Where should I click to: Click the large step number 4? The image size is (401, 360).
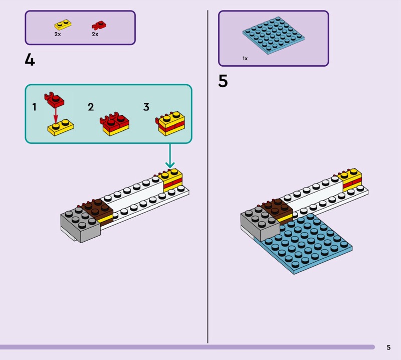pyautogui.click(x=30, y=60)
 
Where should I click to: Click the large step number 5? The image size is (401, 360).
pyautogui.click(x=223, y=81)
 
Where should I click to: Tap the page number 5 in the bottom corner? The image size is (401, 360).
pyautogui.click(x=388, y=347)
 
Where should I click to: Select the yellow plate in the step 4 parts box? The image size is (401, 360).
pyautogui.click(x=63, y=25)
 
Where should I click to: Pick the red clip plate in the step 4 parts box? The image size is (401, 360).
pyautogui.click(x=99, y=26)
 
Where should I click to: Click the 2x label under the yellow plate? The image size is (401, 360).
pyautogui.click(x=58, y=34)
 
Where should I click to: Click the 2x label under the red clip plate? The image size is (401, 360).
pyautogui.click(x=95, y=34)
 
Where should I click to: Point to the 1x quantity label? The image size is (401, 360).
pyautogui.click(x=245, y=59)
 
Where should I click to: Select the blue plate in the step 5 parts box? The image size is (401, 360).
pyautogui.click(x=273, y=35)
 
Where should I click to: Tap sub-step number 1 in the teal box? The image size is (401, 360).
pyautogui.click(x=34, y=107)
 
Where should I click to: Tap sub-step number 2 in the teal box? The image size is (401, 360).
pyautogui.click(x=91, y=107)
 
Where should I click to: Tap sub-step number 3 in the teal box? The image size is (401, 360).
pyautogui.click(x=146, y=107)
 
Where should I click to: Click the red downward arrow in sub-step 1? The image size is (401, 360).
pyautogui.click(x=56, y=117)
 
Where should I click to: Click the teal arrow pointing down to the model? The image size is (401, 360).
pyautogui.click(x=170, y=155)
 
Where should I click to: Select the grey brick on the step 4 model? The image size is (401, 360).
pyautogui.click(x=80, y=224)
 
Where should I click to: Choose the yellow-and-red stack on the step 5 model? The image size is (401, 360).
pyautogui.click(x=349, y=180)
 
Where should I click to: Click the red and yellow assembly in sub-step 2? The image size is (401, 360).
pyautogui.click(x=114, y=124)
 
